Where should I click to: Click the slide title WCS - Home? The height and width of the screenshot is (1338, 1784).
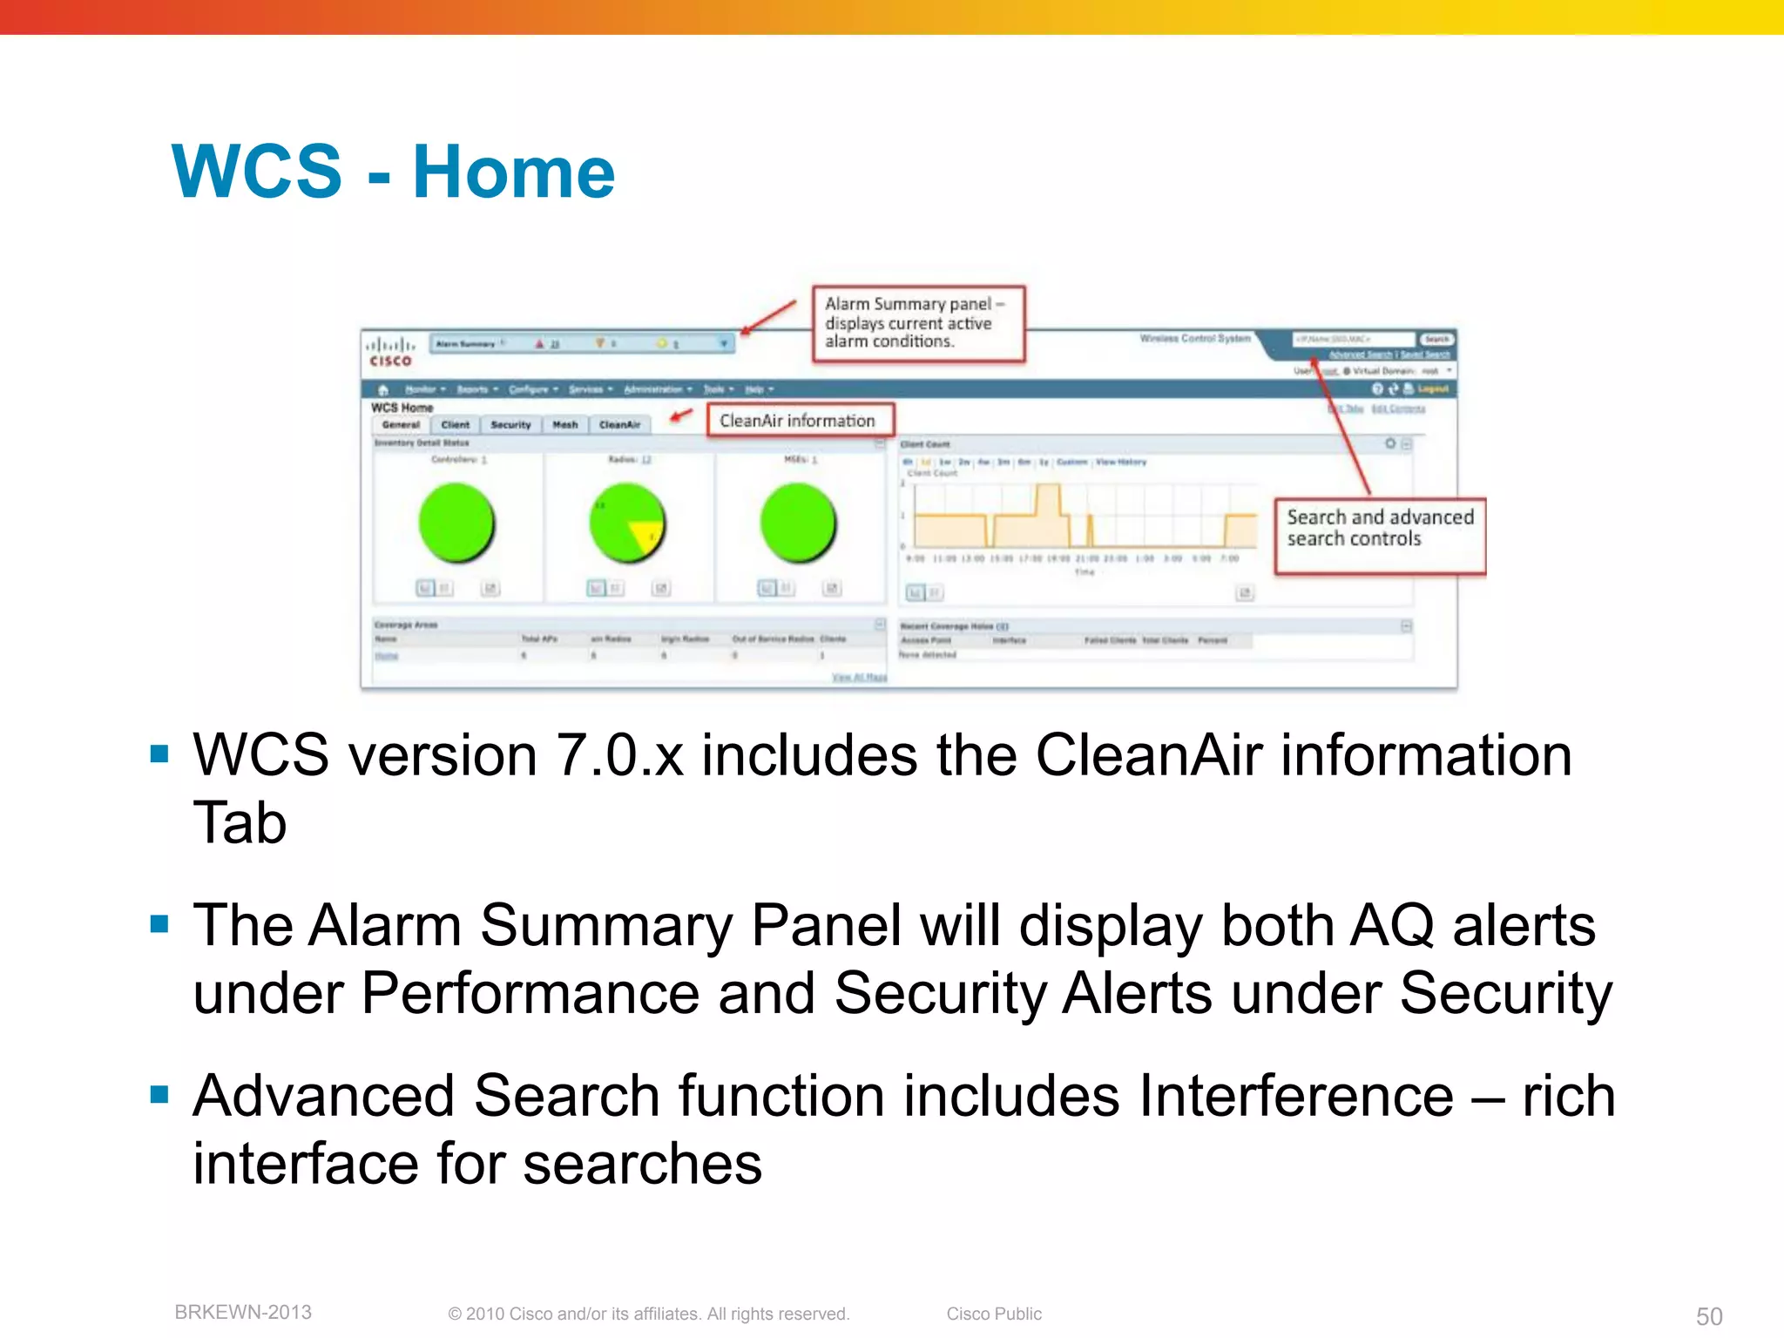coord(393,172)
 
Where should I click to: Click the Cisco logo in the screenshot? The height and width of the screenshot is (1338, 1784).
coord(390,351)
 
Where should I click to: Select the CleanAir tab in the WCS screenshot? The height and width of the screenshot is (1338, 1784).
coord(619,425)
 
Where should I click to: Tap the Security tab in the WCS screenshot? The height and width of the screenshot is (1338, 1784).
coord(510,425)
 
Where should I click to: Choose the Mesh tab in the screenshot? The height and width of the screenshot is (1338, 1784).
coord(565,425)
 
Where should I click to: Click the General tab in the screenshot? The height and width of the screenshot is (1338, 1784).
coord(401,425)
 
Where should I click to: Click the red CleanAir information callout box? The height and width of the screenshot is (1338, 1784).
coord(800,421)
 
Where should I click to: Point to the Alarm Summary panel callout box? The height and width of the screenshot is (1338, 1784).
coord(918,323)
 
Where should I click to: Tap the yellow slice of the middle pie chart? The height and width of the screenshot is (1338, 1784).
coord(647,534)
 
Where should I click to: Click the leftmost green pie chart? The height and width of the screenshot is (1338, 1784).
coord(456,524)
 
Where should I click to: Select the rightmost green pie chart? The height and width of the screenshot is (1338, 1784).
coord(798,524)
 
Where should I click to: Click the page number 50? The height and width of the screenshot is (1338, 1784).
coord(1708,1316)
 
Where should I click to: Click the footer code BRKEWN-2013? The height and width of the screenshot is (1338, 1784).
coord(243,1313)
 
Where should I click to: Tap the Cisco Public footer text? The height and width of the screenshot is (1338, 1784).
coord(994,1314)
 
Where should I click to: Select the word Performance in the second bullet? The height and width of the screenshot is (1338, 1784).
coord(530,994)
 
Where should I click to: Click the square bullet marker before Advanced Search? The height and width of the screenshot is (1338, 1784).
coord(159,1094)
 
